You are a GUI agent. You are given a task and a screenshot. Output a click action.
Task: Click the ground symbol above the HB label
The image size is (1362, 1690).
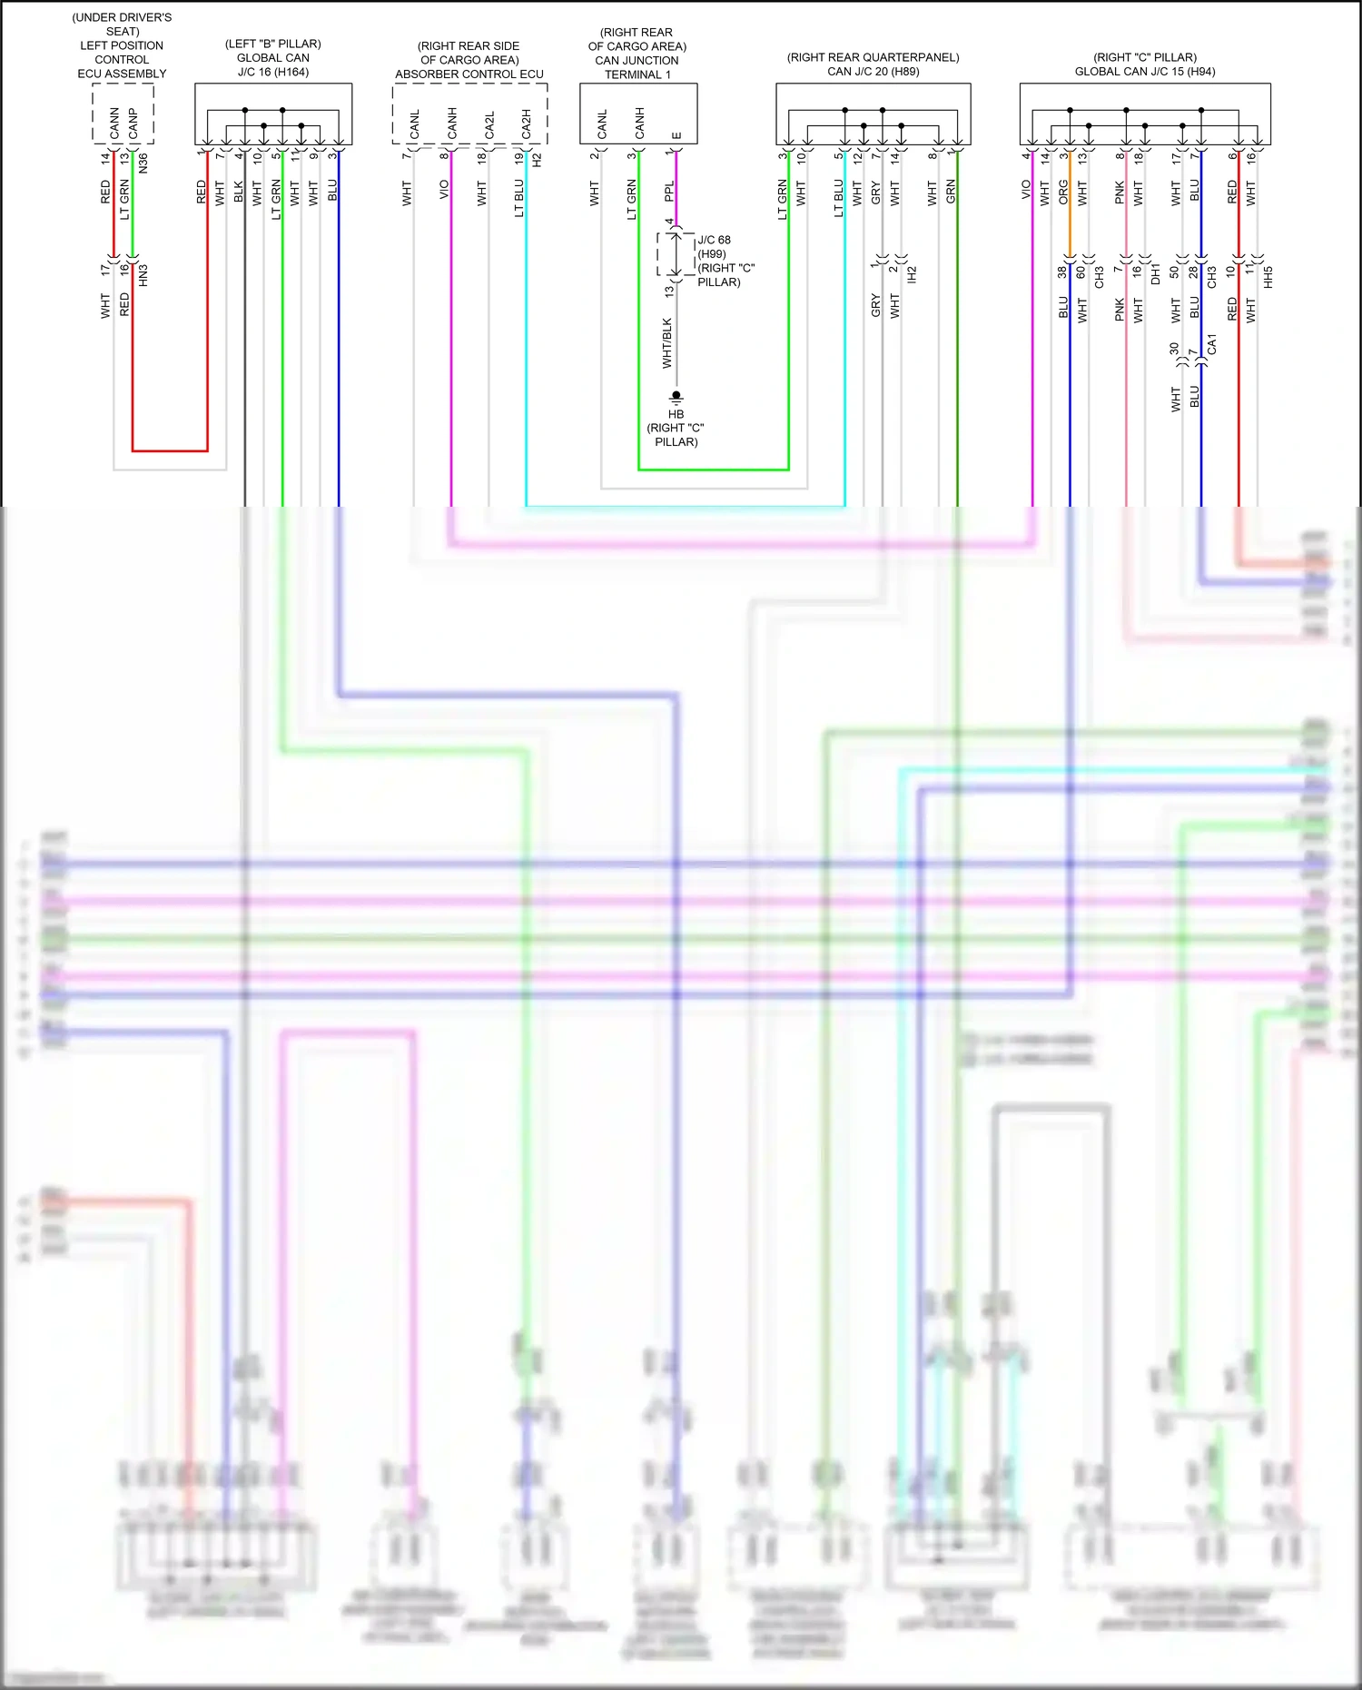676,397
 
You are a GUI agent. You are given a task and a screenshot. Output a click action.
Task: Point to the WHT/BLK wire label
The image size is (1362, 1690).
667,343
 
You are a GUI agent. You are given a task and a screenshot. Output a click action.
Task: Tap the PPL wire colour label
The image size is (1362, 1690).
669,192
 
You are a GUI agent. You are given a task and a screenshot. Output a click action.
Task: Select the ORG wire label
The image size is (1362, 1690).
1063,192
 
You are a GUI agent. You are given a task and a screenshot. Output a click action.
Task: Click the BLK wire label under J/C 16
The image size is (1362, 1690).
239,192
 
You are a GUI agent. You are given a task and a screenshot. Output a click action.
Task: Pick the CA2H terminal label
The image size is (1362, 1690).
526,124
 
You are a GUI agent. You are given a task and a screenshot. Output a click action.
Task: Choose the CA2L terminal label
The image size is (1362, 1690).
489,125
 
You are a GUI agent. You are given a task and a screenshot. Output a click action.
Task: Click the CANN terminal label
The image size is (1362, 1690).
114,124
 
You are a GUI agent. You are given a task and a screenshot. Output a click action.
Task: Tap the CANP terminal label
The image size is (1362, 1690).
133,124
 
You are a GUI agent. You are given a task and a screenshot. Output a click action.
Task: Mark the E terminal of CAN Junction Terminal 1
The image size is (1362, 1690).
676,135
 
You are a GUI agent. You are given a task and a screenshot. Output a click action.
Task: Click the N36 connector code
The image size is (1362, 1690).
143,163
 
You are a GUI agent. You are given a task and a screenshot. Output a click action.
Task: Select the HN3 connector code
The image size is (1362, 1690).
143,276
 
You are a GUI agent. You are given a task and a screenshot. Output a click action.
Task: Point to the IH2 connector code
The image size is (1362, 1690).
913,274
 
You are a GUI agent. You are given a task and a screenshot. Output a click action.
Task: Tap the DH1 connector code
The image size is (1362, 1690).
1156,274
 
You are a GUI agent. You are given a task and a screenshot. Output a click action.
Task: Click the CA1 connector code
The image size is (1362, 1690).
1211,345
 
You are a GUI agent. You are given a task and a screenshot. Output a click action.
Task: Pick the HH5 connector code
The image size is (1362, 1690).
1268,277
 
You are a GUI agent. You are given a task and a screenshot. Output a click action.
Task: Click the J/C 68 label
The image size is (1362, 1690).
714,240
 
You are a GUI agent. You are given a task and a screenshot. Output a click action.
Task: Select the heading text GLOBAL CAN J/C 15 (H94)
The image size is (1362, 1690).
1145,72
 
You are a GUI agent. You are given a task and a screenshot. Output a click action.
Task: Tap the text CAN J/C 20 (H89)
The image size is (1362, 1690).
873,72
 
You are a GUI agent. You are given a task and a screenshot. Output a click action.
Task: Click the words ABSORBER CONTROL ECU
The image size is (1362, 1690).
469,74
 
